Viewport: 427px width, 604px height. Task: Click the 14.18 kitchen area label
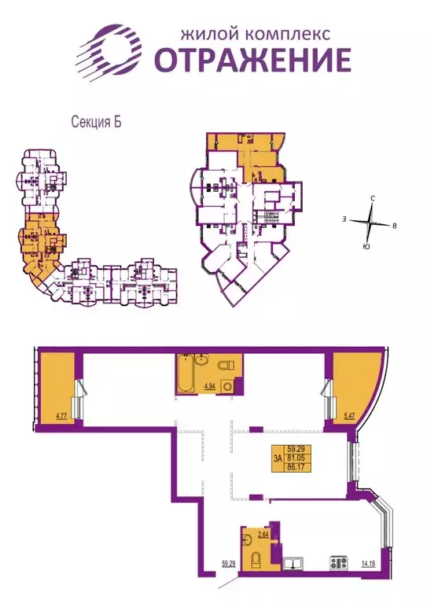(367, 562)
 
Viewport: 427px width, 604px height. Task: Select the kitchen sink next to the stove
(296, 563)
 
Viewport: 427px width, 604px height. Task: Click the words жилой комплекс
(255, 33)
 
